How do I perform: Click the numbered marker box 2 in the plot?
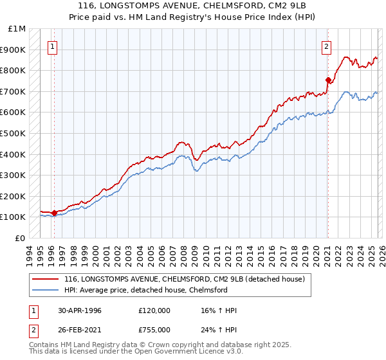(327, 46)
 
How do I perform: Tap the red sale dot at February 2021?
(328, 80)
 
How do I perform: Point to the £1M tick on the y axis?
(17, 29)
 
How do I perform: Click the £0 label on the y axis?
(21, 238)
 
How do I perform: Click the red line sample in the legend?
(46, 278)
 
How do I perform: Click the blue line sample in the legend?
(46, 290)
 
